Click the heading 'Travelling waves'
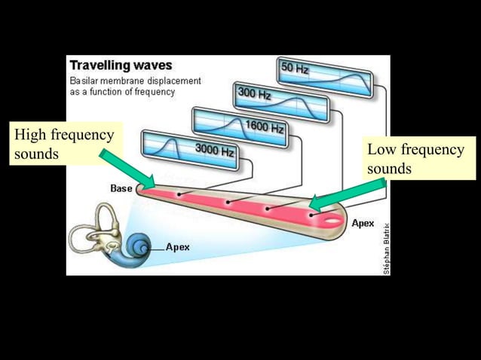[120, 66]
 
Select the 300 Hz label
[254, 94]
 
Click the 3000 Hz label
[214, 149]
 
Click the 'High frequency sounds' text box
[63, 145]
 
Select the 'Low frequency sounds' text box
[416, 158]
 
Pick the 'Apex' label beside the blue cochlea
[178, 246]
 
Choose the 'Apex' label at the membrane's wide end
[363, 223]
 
